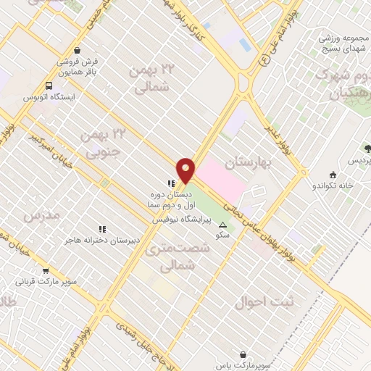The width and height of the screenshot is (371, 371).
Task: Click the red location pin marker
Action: pyautogui.click(x=185, y=170)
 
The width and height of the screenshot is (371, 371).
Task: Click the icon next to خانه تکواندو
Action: pyautogui.click(x=333, y=174)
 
